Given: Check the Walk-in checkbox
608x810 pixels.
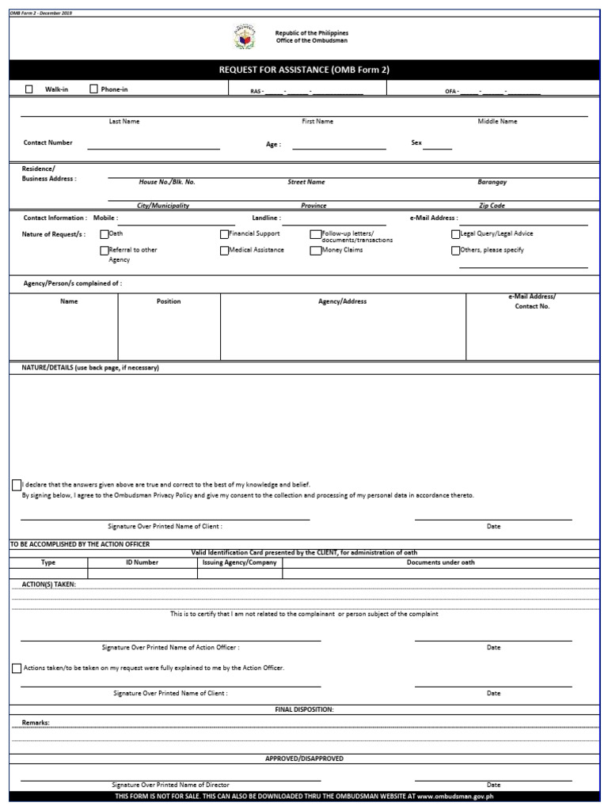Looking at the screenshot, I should [29, 89].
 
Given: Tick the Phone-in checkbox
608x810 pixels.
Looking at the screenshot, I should [94, 89].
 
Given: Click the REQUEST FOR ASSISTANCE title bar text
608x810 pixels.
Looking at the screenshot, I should [304, 70].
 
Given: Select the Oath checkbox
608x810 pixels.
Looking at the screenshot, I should [104, 234].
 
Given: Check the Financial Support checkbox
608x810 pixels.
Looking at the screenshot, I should [224, 234].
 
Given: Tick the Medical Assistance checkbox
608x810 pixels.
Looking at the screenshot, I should [224, 251].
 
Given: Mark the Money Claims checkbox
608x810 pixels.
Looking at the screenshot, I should [316, 251].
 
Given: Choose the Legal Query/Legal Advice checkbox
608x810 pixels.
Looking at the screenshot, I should [455, 234].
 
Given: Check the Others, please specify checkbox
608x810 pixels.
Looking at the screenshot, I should [455, 251].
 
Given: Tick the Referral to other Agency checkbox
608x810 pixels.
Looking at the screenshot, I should [104, 251].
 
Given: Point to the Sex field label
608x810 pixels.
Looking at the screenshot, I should [416, 143].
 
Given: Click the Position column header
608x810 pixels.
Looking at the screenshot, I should [169, 301].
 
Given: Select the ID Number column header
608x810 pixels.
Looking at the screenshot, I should [142, 562].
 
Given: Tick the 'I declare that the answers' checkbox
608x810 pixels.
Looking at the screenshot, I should [17, 485].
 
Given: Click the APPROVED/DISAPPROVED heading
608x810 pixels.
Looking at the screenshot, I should [304, 759].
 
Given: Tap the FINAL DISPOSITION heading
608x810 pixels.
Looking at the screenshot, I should [304, 710].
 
